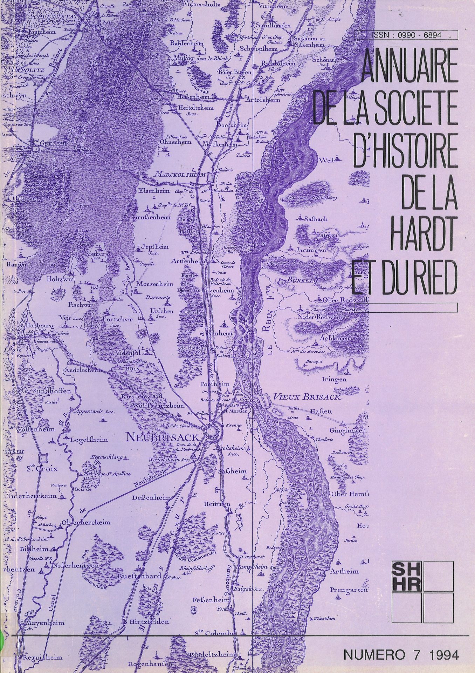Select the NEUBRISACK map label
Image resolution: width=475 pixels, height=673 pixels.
click(162, 437)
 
